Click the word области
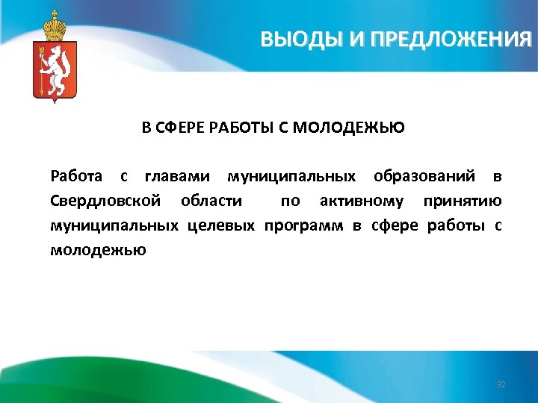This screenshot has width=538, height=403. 211,201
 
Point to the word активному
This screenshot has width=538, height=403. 362,201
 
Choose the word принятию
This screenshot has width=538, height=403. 462,201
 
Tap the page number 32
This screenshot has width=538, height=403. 501,384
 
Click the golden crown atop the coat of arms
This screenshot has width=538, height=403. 55,27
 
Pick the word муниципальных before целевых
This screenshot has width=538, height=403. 114,225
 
